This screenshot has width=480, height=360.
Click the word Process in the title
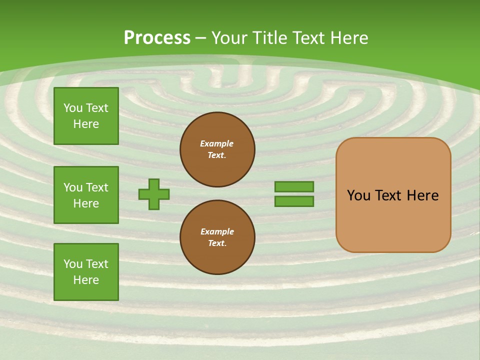[157, 38]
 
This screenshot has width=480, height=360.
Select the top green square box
[86, 116]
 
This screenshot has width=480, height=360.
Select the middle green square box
[86, 195]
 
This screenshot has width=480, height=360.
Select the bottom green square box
[86, 272]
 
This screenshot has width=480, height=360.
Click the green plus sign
[154, 194]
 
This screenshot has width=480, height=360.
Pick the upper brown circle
[217, 149]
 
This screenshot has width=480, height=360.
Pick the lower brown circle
[217, 237]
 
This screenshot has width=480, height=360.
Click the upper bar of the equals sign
[294, 186]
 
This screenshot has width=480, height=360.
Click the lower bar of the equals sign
[294, 201]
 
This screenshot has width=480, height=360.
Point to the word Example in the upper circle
[217, 143]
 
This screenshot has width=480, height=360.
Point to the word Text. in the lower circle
[217, 243]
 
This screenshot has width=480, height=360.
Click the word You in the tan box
[358, 195]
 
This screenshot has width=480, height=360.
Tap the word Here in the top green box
[86, 124]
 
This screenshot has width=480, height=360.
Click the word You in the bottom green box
[73, 264]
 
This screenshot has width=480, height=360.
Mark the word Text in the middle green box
[97, 187]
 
